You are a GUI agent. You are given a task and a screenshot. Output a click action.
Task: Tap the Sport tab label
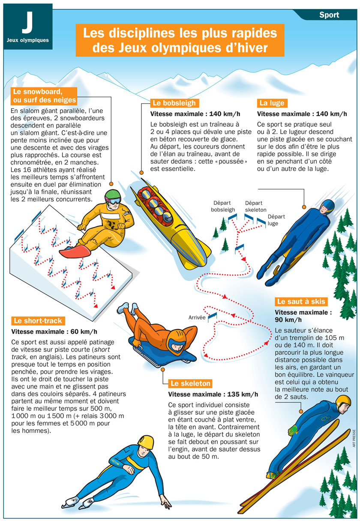[329, 15]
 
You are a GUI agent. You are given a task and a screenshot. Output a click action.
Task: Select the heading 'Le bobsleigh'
[174, 103]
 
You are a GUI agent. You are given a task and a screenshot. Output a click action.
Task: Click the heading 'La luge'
[272, 103]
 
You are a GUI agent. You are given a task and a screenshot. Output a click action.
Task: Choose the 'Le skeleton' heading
[190, 383]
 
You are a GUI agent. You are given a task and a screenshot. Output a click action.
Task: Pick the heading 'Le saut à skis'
[301, 301]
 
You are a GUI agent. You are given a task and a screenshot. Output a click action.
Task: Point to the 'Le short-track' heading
[38, 320]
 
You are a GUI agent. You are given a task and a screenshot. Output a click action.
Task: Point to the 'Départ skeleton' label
[255, 207]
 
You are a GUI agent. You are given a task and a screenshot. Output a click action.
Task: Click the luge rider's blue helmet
[328, 206]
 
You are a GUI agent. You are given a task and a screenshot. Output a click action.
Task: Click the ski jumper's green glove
[293, 428]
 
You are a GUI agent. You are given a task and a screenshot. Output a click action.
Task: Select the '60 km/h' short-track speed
[82, 332]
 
